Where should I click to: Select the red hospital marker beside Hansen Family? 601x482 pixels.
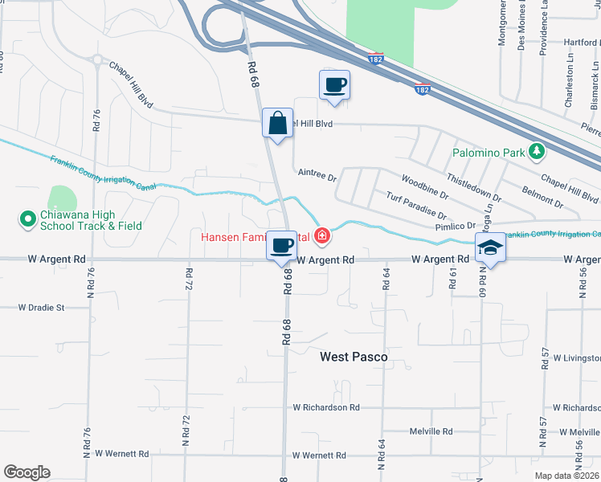point(322,235)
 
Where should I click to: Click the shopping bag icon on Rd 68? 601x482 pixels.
point(277,125)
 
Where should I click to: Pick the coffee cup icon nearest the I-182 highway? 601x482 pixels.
point(334,84)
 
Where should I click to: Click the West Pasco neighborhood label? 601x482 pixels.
point(354,356)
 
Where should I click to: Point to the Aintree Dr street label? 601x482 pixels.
point(316,172)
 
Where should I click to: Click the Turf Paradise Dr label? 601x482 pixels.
point(415,206)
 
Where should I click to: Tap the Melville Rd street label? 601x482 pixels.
point(432,431)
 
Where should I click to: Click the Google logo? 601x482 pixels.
point(27,472)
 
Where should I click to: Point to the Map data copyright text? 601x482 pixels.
point(567,476)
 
